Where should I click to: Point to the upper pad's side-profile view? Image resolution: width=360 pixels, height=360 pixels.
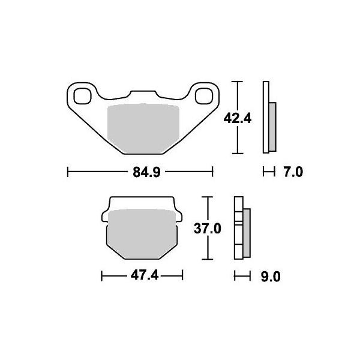(x=269, y=118)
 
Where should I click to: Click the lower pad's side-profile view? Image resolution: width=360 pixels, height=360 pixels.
(x=243, y=228)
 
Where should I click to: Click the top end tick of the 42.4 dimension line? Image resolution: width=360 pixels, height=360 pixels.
(x=239, y=81)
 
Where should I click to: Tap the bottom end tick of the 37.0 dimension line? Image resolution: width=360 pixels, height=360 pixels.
(x=208, y=259)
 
